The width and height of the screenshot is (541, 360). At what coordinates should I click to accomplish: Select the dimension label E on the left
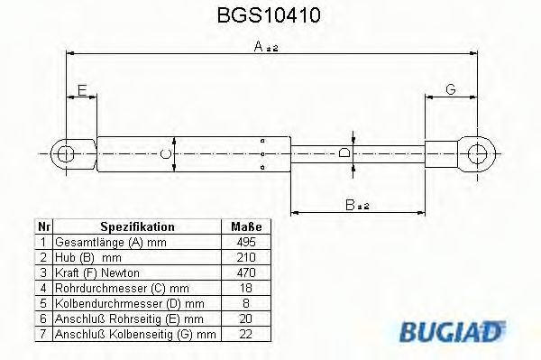82,90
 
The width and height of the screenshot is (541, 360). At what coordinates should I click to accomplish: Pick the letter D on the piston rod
345,154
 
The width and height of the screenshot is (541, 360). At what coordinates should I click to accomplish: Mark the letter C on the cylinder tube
165,154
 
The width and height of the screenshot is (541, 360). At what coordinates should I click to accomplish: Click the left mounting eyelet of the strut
65,153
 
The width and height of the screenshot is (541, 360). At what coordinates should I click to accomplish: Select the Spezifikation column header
136,227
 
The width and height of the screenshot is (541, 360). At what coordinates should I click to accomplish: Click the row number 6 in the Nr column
41,319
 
